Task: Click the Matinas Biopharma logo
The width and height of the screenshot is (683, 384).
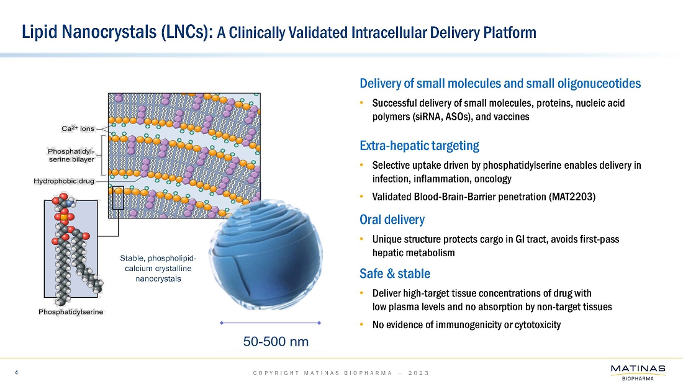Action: [638, 373]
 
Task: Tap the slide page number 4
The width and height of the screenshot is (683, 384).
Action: [17, 373]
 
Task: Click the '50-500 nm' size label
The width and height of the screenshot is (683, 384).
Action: [276, 342]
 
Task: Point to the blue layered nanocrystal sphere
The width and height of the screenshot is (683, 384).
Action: [266, 254]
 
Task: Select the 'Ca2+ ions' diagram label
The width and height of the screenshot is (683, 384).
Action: [78, 128]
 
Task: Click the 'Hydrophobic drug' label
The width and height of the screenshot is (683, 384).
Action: [64, 181]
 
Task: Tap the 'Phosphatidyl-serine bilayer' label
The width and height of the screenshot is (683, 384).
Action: [71, 155]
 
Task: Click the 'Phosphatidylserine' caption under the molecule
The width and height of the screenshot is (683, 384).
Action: [71, 311]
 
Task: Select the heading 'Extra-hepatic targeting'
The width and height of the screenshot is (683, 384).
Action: [420, 145]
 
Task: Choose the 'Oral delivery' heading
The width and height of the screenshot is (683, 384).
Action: [392, 220]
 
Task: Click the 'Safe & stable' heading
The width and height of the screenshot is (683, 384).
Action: [395, 274]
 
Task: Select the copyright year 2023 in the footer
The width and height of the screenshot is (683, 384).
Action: [418, 373]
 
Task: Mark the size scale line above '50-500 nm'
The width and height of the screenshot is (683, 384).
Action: [271, 323]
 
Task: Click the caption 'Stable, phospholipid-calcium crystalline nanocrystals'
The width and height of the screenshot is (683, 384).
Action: [158, 268]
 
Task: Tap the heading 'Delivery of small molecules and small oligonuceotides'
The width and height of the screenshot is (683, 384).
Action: [500, 83]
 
